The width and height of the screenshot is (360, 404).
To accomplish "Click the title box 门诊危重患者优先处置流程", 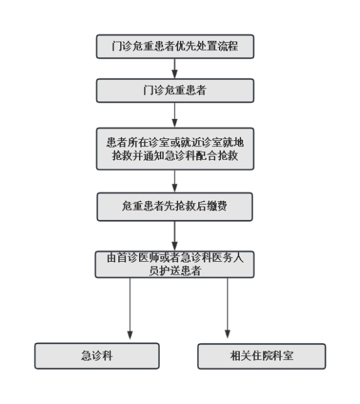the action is coord(175,46).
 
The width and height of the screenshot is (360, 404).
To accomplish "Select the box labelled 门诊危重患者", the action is coord(175,90).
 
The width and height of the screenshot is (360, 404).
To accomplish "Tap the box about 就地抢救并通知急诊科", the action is coord(175,149).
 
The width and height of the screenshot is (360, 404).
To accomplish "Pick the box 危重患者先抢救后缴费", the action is coord(175,207).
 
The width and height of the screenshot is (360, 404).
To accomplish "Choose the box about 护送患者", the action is coord(175,264).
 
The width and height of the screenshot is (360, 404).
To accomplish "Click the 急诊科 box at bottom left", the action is coord(97,356).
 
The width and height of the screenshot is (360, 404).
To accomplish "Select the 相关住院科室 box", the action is coord(262,356).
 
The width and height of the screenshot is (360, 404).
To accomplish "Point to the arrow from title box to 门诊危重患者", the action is coord(175,69).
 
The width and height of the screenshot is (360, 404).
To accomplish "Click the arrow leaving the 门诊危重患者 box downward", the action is coord(175,115).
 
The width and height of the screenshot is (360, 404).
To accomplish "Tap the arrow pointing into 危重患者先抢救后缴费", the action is coord(175,181).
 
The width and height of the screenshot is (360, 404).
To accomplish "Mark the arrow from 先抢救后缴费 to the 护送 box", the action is coord(175,236).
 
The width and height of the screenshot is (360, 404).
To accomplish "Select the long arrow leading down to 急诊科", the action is coord(130,309).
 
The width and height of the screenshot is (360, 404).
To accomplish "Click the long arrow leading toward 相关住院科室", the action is coord(227,308).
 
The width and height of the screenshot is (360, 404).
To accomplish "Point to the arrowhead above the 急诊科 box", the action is coord(130,335).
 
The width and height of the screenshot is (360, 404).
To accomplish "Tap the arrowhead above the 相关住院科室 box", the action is coord(227,334).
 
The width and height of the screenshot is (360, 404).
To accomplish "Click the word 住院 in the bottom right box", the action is coord(262,356).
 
